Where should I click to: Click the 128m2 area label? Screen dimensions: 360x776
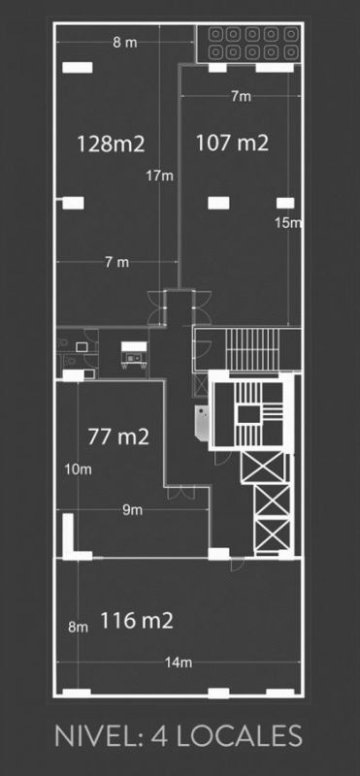(x=111, y=145)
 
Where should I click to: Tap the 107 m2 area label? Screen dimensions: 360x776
(x=232, y=143)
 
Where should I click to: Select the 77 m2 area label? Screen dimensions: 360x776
(x=118, y=436)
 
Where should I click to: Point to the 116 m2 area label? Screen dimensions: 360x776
(x=137, y=620)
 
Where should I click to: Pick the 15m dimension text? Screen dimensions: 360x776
(x=288, y=223)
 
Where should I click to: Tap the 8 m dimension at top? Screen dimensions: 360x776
(x=124, y=43)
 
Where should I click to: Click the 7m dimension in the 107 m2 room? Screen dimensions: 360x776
(x=242, y=97)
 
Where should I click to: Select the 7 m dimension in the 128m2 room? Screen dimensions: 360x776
(x=116, y=262)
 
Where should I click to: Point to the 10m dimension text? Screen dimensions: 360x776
(x=78, y=469)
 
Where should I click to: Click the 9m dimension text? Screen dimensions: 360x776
(x=132, y=510)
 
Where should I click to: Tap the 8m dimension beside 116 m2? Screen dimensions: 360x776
(x=79, y=628)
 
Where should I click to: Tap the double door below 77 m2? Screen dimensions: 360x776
(x=180, y=493)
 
